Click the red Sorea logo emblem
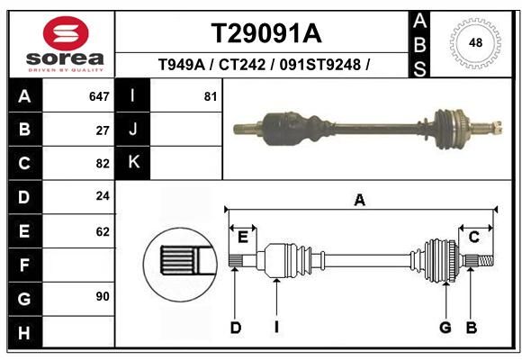point(66,33)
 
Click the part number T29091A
point(266,34)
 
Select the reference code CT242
point(242,64)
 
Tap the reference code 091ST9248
point(319,64)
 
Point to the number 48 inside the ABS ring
point(475,42)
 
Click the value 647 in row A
point(99,96)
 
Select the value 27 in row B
point(103,130)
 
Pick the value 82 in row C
point(103,164)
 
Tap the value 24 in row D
point(103,196)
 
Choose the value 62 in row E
point(103,231)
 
